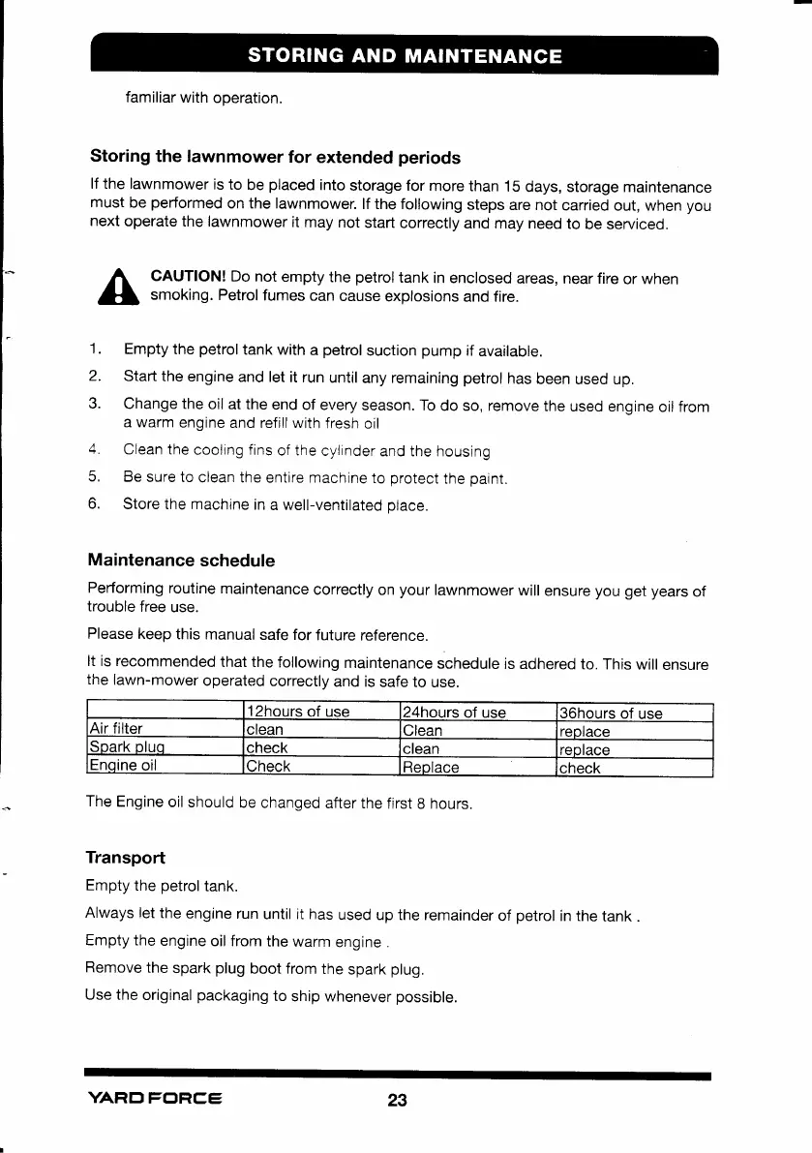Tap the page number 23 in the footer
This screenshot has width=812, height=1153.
(x=397, y=1101)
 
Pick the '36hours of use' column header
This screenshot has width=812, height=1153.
(x=611, y=713)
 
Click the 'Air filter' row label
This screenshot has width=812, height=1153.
(x=116, y=731)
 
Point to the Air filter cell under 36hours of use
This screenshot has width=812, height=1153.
(x=586, y=731)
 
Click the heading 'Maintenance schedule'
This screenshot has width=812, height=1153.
(x=181, y=561)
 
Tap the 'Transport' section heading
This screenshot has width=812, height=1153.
(x=125, y=858)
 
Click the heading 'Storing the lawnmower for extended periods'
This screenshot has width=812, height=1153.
(x=275, y=157)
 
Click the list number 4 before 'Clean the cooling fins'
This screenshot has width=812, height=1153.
(x=94, y=451)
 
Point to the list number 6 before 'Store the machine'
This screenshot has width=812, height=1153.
(x=94, y=503)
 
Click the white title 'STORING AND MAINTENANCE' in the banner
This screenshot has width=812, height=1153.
(x=405, y=55)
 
